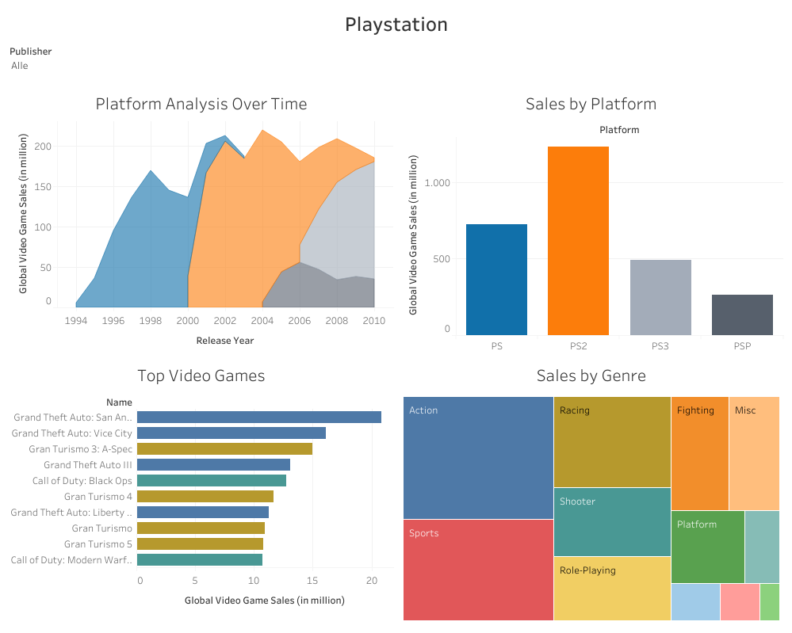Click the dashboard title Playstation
click(x=396, y=25)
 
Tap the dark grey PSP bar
click(x=742, y=315)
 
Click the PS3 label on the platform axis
click(x=660, y=346)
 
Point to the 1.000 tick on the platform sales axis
click(x=438, y=182)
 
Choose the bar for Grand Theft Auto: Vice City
click(x=231, y=433)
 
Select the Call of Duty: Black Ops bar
click(x=211, y=480)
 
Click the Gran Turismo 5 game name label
click(x=98, y=544)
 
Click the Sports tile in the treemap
click(x=478, y=569)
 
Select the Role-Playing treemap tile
click(x=611, y=588)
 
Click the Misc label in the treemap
click(x=745, y=410)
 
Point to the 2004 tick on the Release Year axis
click(x=262, y=321)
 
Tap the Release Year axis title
click(x=224, y=341)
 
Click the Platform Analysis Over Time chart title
click(x=201, y=104)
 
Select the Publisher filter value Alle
click(x=20, y=66)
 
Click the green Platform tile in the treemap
click(x=707, y=547)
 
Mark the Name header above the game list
click(x=119, y=402)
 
